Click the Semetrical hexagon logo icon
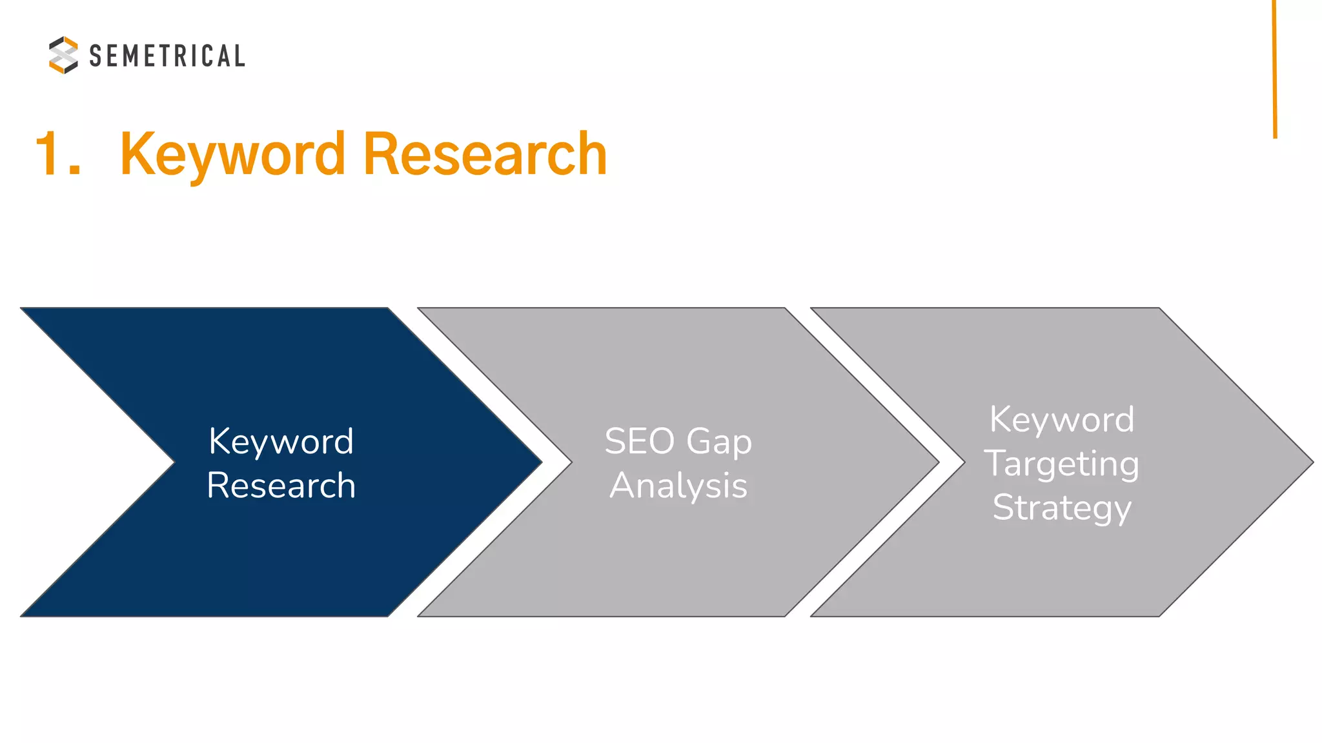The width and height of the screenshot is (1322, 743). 63,55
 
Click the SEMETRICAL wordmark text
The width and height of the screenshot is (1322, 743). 167,56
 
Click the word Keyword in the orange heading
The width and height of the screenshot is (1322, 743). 232,155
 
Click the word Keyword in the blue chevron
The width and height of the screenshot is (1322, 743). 281,442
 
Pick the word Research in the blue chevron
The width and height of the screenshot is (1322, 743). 281,485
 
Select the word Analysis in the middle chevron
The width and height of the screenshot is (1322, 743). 678,486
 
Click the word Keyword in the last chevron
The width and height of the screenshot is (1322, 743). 1062,420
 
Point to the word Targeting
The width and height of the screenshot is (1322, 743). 1062,464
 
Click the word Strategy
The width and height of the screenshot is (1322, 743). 1062,508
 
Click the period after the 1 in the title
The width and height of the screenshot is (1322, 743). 75,171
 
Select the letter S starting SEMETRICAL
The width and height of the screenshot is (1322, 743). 96,56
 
